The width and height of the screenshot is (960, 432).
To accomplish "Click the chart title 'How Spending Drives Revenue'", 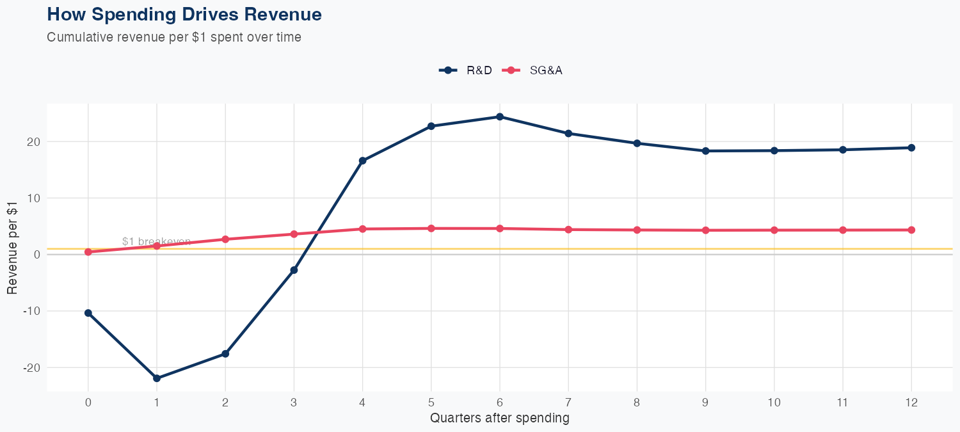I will pyautogui.click(x=184, y=14).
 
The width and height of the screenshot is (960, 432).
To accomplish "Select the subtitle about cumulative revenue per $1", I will pyautogui.click(x=174, y=37).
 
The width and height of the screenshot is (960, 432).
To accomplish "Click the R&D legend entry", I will pyautogui.click(x=467, y=70).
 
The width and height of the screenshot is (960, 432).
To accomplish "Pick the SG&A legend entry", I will pyautogui.click(x=533, y=70).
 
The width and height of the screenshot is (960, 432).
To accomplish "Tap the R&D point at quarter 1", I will pyautogui.click(x=157, y=378).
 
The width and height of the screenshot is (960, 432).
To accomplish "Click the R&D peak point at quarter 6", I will pyautogui.click(x=500, y=116).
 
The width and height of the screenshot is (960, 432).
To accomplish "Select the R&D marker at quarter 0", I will pyautogui.click(x=88, y=313).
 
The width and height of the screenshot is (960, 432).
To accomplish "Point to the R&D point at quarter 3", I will pyautogui.click(x=294, y=270).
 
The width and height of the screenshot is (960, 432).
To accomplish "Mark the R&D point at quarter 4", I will pyautogui.click(x=363, y=161).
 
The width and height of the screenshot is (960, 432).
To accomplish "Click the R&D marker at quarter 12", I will pyautogui.click(x=911, y=148).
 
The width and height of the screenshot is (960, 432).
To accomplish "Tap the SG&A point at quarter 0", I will pyautogui.click(x=88, y=252).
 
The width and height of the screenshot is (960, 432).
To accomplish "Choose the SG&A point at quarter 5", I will pyautogui.click(x=431, y=228).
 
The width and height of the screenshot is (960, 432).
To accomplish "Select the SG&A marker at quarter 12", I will pyautogui.click(x=911, y=230).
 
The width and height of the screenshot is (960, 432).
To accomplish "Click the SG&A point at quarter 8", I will pyautogui.click(x=637, y=230).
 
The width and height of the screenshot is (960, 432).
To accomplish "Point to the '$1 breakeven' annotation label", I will pyautogui.click(x=156, y=241).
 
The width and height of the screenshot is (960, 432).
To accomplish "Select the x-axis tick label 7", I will pyautogui.click(x=568, y=403).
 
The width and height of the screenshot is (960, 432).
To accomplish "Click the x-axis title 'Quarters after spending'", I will pyautogui.click(x=499, y=419).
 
